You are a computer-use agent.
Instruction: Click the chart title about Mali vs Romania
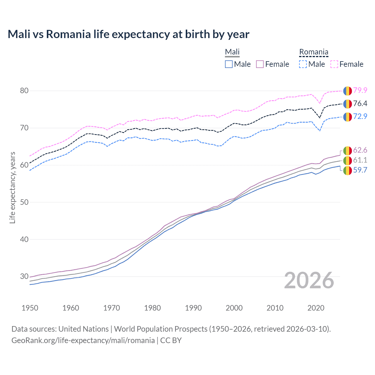click(128, 34)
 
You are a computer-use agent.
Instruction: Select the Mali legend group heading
click(232, 52)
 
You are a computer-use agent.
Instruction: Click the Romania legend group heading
click(313, 52)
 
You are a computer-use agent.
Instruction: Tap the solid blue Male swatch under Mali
click(229, 64)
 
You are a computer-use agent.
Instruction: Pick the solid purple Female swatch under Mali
click(260, 64)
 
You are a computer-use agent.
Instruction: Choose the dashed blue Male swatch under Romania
click(303, 64)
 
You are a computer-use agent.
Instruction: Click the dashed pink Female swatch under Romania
click(334, 64)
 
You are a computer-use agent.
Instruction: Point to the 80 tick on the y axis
click(24, 91)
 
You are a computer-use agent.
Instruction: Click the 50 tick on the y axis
click(24, 202)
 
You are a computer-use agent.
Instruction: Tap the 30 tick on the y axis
click(24, 276)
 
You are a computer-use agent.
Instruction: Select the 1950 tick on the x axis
click(30, 308)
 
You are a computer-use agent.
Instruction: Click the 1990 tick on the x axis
click(193, 308)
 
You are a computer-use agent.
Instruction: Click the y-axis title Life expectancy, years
click(12, 187)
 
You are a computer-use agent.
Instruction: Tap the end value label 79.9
click(360, 90)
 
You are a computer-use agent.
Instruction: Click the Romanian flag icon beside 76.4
click(347, 104)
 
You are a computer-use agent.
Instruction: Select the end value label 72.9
click(360, 116)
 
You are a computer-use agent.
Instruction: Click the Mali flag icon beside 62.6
click(347, 151)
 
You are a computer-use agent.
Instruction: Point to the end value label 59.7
click(360, 170)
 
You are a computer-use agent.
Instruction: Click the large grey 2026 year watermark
click(309, 280)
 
